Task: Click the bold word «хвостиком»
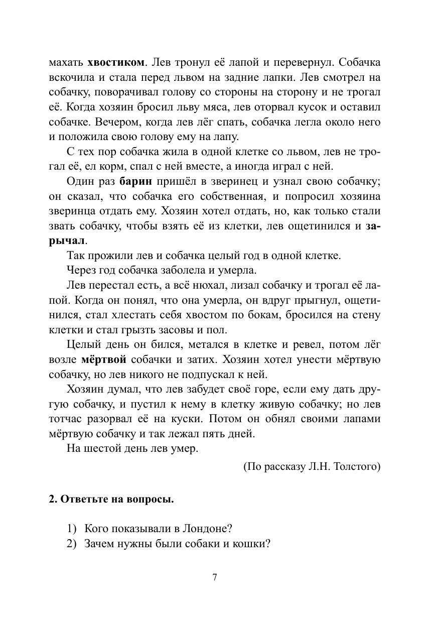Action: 116,63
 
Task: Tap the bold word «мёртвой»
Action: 104,359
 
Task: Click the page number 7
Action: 215,577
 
